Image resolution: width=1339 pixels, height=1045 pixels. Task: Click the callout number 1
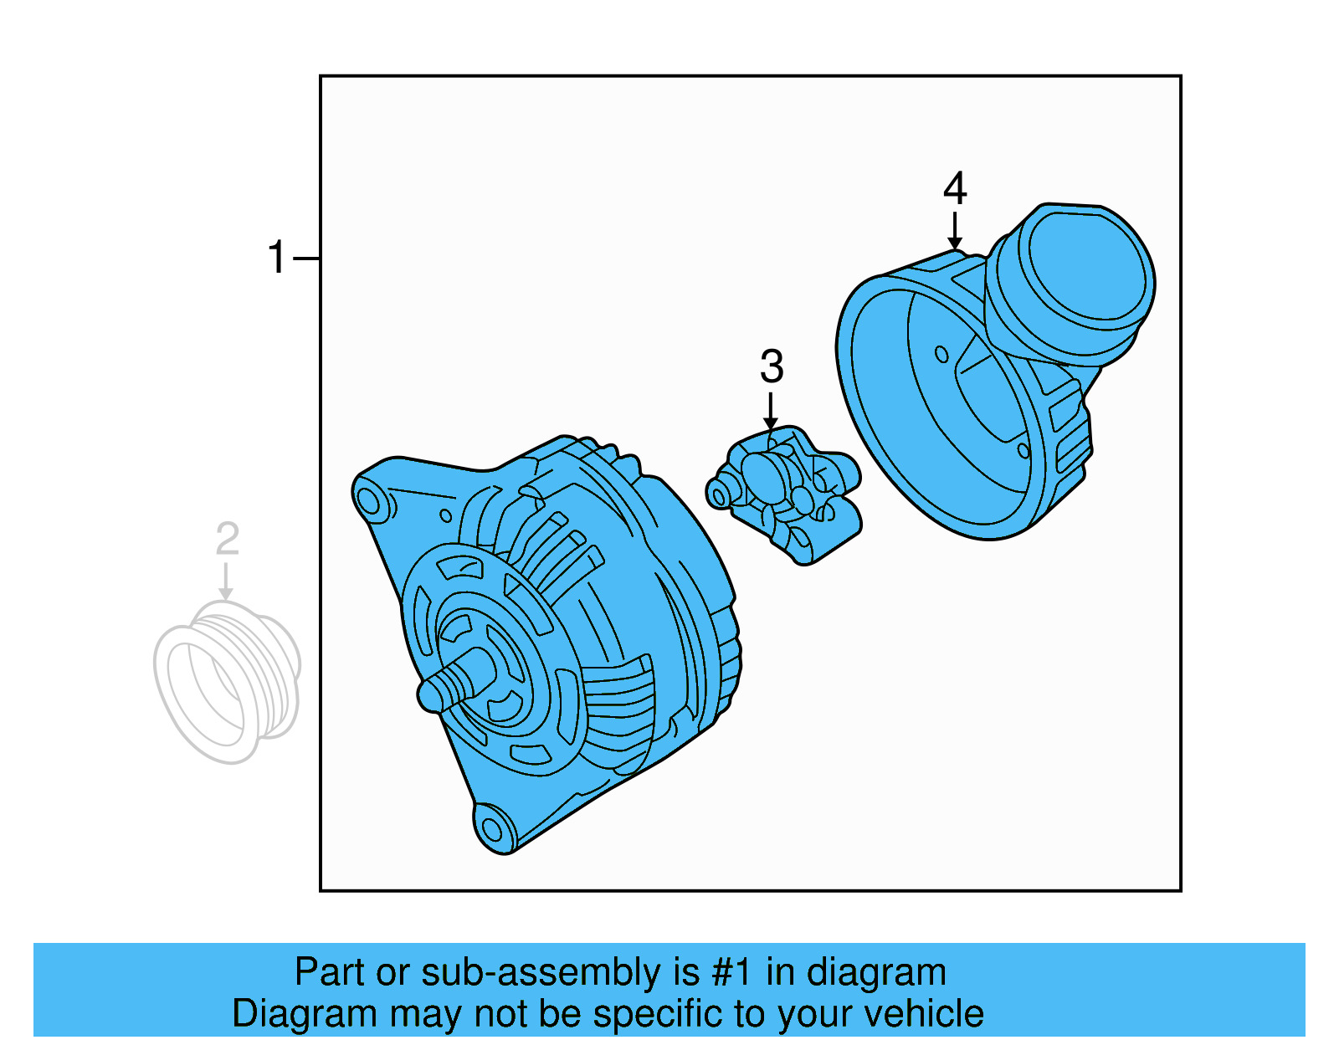tap(277, 258)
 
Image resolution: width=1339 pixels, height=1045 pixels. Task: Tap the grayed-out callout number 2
tap(227, 540)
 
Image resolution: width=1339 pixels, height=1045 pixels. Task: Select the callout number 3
tap(772, 367)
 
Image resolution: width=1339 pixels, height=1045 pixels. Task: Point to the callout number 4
tap(955, 189)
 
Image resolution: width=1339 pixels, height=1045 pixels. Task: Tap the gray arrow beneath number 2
tap(226, 581)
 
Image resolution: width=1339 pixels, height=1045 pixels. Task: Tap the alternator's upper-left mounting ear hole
tap(368, 501)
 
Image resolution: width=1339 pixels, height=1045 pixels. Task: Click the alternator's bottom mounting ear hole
tap(492, 829)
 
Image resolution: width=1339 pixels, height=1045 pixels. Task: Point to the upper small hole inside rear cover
tap(941, 354)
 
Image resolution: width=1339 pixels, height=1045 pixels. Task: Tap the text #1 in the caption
tap(733, 973)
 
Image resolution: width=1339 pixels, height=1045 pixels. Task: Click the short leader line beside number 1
tap(306, 259)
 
